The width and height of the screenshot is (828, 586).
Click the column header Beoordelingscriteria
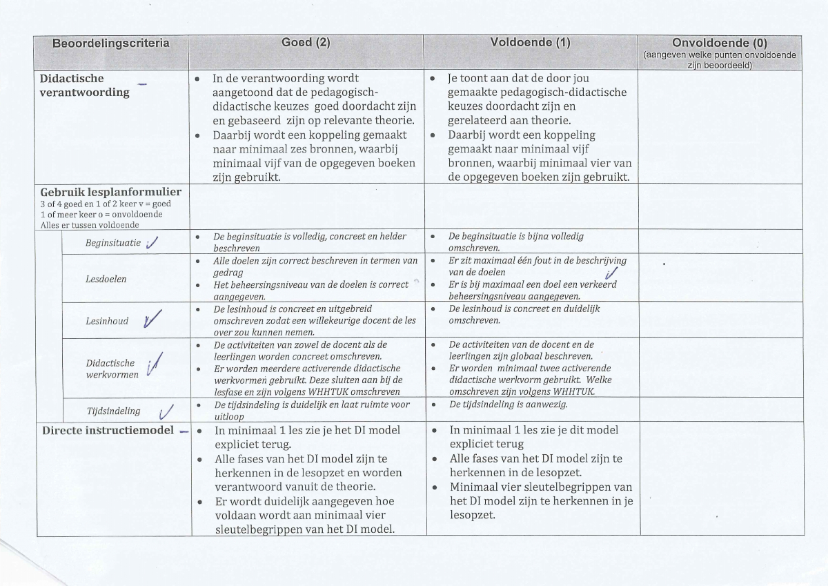click(x=110, y=43)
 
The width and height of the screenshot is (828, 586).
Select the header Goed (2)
click(x=306, y=43)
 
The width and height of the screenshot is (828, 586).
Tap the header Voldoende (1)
click(x=530, y=43)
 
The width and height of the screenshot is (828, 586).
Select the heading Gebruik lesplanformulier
click(x=110, y=191)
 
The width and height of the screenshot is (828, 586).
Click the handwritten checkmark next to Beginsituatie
click(x=153, y=242)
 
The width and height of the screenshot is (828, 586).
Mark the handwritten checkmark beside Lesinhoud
click(x=153, y=318)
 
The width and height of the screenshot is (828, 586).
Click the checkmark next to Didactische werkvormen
click(x=155, y=364)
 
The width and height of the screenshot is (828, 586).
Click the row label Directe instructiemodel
click(x=108, y=431)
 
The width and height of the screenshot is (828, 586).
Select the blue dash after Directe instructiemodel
click(x=184, y=433)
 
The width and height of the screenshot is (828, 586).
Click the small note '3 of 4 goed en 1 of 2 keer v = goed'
click(x=106, y=204)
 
